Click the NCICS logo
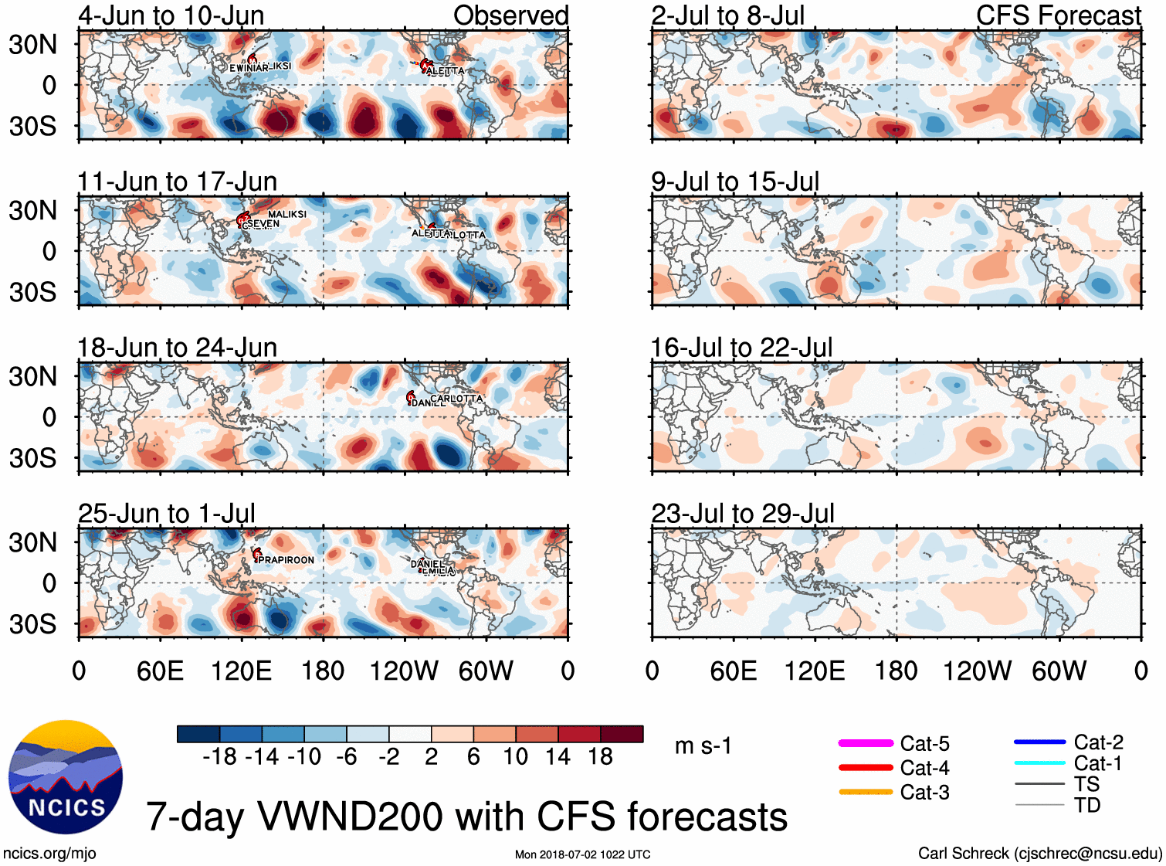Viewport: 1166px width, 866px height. [66, 777]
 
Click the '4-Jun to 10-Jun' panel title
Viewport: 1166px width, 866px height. [171, 15]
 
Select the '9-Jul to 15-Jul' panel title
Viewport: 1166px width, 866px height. [734, 182]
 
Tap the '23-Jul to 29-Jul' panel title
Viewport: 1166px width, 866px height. [742, 514]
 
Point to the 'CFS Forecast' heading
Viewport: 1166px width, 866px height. [1058, 15]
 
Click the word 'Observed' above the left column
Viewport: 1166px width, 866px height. [510, 15]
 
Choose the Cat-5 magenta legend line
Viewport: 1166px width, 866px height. [866, 743]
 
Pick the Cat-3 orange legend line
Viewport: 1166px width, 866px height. [866, 792]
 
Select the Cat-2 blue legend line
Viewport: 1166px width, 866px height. [1039, 742]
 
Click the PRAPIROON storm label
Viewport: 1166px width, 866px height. [286, 560]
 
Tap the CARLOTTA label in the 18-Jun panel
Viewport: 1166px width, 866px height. [456, 399]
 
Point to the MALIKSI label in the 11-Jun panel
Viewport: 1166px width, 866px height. [287, 214]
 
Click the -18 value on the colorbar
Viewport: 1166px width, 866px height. [219, 757]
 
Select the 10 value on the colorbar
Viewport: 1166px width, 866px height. [515, 757]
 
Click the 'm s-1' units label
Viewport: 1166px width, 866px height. [703, 746]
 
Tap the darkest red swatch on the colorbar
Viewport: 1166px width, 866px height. [622, 734]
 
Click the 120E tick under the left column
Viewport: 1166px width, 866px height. [241, 671]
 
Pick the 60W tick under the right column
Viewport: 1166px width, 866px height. [1059, 671]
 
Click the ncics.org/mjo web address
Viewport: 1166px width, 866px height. [49, 854]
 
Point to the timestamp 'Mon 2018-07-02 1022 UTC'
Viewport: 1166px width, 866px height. [582, 854]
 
